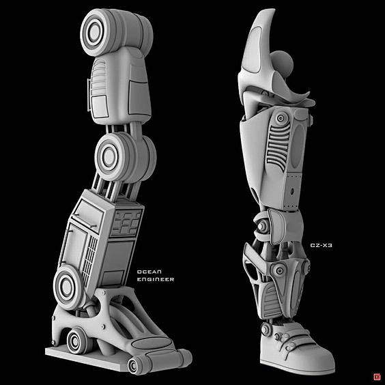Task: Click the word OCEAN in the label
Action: pyautogui.click(x=149, y=272)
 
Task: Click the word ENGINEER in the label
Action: pyautogui.click(x=156, y=279)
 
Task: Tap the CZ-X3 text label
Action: pyautogui.click(x=321, y=245)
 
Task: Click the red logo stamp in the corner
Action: pyautogui.click(x=377, y=377)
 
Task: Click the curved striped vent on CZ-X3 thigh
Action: pyautogui.click(x=278, y=147)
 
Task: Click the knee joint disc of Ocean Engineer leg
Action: pyautogui.click(x=109, y=156)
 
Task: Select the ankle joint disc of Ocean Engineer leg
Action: pyautogui.click(x=66, y=287)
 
